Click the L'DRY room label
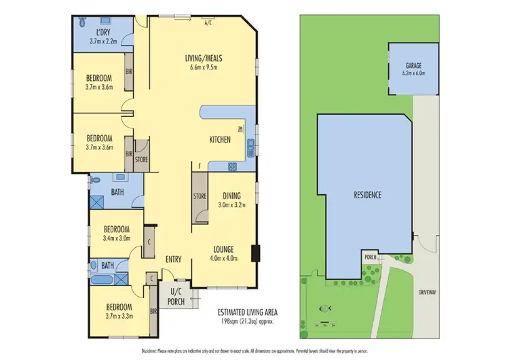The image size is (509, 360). pos(103,33)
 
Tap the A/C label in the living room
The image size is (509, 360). pos(208,22)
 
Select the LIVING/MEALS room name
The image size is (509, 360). pos(204,58)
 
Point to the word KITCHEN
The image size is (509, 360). pos(221,139)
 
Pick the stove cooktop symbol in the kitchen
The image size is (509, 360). pos(232,166)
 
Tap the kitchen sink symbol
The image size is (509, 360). pos(250,144)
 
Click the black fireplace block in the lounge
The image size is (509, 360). pos(255,252)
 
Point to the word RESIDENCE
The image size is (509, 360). pos(367,195)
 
